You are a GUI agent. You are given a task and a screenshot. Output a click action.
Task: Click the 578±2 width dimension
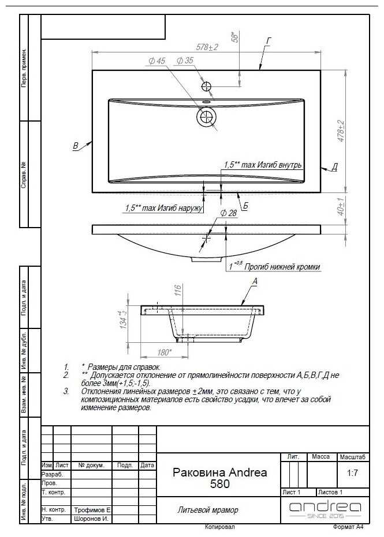click(207, 47)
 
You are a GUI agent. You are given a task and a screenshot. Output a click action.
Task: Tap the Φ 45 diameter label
click(156, 60)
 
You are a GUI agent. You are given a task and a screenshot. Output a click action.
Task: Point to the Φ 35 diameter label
click(185, 60)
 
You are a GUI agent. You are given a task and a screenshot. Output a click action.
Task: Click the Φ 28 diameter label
click(228, 213)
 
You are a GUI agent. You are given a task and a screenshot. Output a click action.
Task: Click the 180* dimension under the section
click(165, 352)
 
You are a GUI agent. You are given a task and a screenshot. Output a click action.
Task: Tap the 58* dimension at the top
click(234, 37)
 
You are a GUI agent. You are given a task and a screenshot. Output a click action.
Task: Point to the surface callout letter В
click(76, 146)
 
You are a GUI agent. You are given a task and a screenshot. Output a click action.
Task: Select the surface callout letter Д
click(334, 167)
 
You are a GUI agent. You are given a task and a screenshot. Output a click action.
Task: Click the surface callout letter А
click(254, 281)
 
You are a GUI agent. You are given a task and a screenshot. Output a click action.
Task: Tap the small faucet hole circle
click(207, 87)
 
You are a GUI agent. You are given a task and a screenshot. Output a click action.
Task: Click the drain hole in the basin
click(206, 117)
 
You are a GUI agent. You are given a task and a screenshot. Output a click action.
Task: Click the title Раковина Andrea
click(219, 472)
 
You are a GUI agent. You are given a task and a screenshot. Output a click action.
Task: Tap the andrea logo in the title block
click(325, 508)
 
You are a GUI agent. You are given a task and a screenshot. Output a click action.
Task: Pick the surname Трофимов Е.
click(92, 510)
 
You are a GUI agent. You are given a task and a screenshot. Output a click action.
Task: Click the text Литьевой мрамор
click(207, 510)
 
